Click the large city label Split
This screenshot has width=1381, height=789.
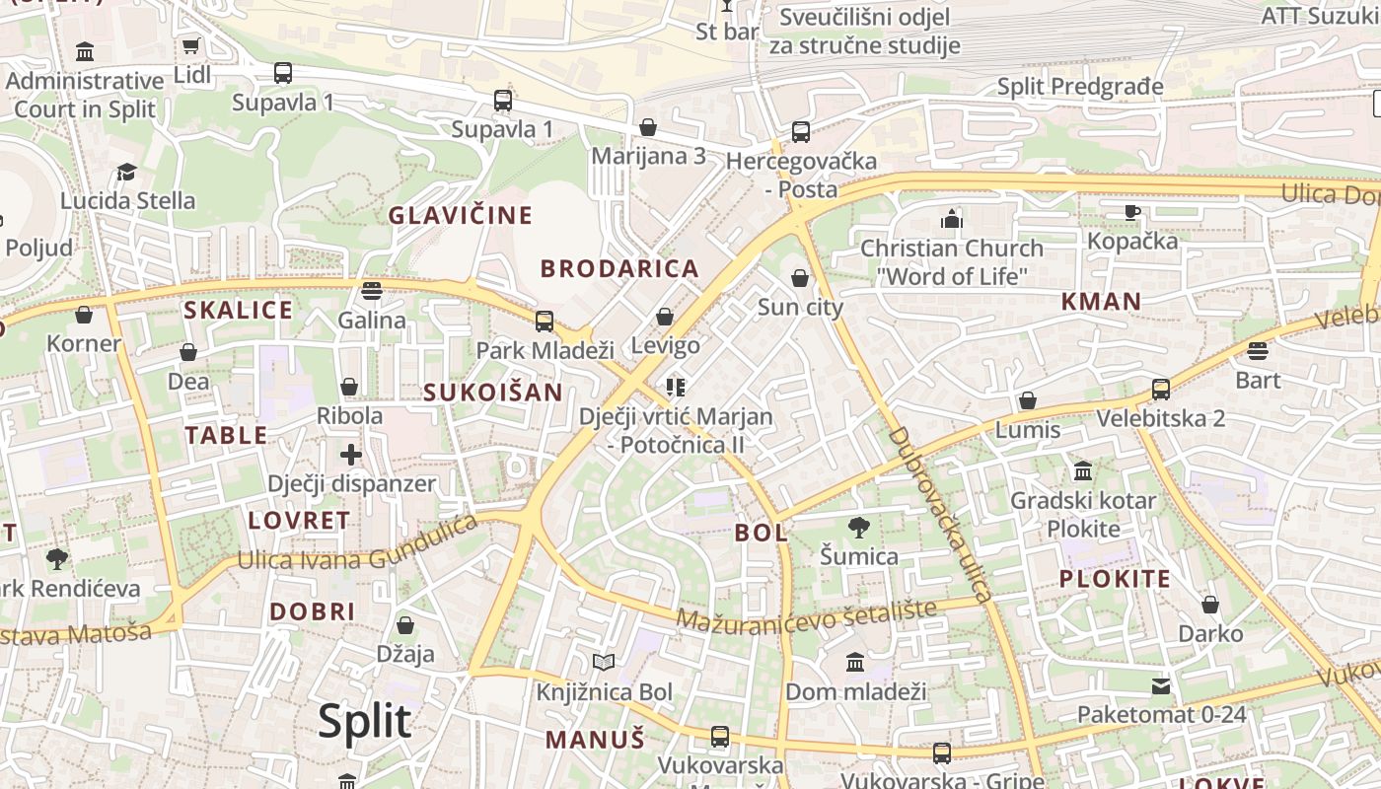pos(364,722)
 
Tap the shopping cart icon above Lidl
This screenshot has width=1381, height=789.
pos(190,46)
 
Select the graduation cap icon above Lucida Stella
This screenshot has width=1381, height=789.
pos(126,173)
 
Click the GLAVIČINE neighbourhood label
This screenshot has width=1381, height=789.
pos(460,215)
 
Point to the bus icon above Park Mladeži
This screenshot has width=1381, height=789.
pos(544,321)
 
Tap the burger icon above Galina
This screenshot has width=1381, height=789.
pos(371,290)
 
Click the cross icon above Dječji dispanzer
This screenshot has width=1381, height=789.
pos(351,455)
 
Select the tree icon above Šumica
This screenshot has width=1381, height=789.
pos(859,528)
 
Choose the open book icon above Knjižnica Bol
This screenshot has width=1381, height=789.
pos(603,663)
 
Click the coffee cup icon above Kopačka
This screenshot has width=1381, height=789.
pos(1132,212)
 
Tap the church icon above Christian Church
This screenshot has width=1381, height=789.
pos(951,219)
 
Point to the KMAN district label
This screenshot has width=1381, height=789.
pos(1101,302)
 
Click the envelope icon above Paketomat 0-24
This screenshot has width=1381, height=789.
pos(1161,685)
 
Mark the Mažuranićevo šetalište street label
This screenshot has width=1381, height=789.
pos(806,616)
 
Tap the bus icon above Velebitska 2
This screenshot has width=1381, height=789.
pos(1161,390)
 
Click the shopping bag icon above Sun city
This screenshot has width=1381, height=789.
pos(800,278)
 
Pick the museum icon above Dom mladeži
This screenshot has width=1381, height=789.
pos(855,662)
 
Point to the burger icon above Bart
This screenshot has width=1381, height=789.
pos(1257,351)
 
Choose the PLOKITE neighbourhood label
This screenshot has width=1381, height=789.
pos(1115,579)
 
